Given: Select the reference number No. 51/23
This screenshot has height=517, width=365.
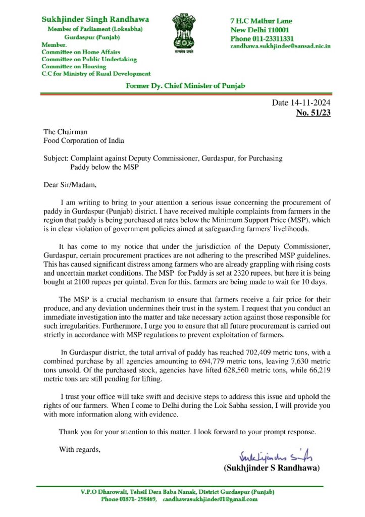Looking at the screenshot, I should (x=313, y=113).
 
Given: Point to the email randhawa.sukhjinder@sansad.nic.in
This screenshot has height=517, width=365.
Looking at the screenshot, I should (x=280, y=46).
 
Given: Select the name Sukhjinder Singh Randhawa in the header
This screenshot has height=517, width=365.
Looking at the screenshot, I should (x=95, y=20).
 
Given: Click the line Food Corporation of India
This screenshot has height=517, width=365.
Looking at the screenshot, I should (x=84, y=140).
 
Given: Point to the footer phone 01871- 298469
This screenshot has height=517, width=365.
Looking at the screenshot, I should (x=129, y=499).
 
